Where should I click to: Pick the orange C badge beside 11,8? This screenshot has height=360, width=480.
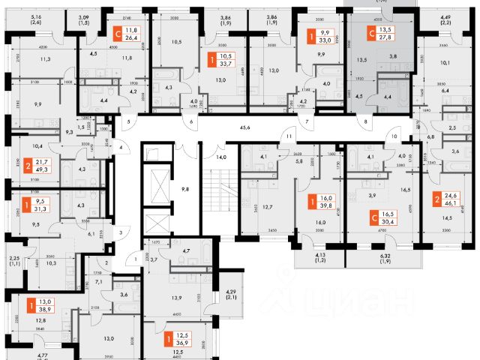coord(116,32)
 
